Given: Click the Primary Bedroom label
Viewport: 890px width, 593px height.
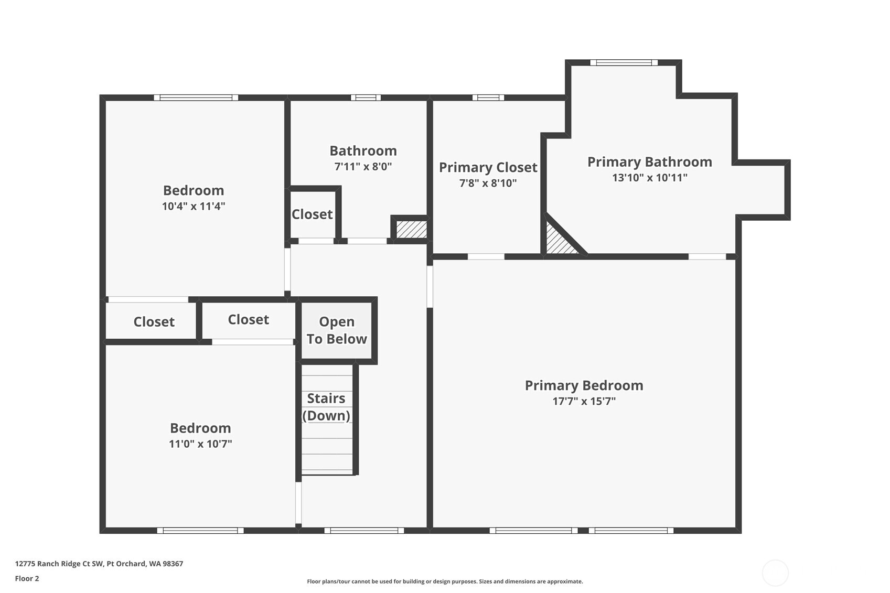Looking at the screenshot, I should [584, 385].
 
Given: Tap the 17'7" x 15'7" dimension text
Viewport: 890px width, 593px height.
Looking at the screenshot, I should [584, 402].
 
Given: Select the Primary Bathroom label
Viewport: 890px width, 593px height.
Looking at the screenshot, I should [649, 162].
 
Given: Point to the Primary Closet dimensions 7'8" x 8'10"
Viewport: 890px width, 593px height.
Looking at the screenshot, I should [488, 184].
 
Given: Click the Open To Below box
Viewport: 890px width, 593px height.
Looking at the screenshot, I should [337, 330].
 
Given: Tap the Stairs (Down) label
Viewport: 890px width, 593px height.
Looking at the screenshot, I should [326, 407].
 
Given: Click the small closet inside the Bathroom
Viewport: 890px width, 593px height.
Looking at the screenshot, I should [312, 214].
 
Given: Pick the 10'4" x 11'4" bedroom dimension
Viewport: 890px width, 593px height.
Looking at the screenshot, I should [194, 207].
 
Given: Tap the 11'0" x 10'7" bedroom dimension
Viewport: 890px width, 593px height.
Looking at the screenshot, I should [200, 444].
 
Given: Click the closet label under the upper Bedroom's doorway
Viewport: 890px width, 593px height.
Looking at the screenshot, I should [154, 322].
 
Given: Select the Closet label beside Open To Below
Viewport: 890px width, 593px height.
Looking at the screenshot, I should [248, 320].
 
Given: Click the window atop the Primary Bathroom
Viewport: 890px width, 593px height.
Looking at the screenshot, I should [624, 63].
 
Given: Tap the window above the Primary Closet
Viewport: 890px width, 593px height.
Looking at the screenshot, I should [488, 98].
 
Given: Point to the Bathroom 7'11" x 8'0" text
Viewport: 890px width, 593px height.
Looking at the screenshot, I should [363, 167].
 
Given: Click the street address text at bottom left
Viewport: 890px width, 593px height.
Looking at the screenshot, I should [99, 564].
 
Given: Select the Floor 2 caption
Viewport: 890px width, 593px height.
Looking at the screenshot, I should [27, 579].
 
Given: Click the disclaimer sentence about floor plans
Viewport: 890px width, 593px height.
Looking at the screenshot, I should [445, 581].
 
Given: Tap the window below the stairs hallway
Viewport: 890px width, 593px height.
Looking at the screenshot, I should [364, 531].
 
